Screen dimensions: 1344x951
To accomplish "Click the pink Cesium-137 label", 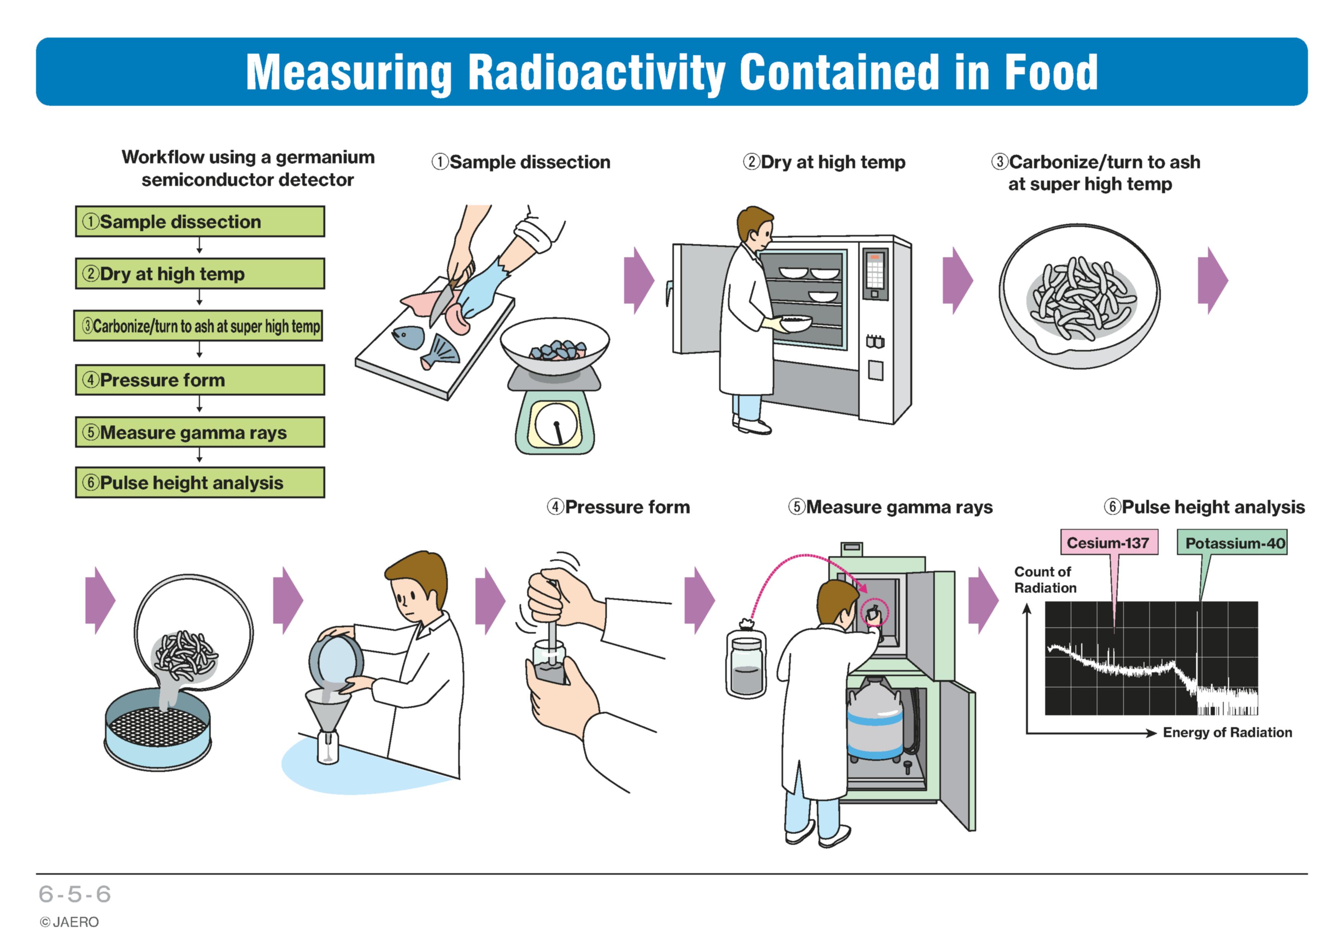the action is point(1109,542).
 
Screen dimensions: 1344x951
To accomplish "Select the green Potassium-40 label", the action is point(1232,542).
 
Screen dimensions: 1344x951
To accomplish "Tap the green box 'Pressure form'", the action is point(200,380).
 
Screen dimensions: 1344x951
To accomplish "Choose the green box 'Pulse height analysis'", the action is point(200,483).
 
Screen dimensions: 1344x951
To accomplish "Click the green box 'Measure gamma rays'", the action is point(200,432).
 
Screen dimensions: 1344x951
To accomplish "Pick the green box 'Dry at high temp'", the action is point(200,273).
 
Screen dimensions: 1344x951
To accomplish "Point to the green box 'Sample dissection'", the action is point(200,221).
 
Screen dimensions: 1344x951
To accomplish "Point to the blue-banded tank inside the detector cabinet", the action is point(876,720).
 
